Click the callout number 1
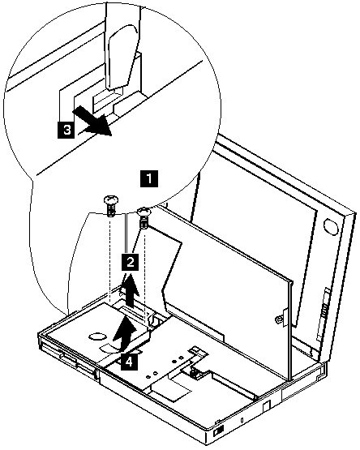click(x=149, y=178)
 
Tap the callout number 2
click(x=131, y=262)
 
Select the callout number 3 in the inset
click(x=66, y=130)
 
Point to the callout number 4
click(x=129, y=362)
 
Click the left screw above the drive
click(x=111, y=206)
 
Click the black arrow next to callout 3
click(x=92, y=121)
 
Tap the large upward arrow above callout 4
click(x=125, y=333)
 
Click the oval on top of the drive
click(x=97, y=336)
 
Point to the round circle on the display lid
click(x=331, y=225)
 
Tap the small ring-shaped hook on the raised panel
click(x=278, y=319)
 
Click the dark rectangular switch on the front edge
click(x=220, y=431)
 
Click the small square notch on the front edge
click(x=266, y=406)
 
